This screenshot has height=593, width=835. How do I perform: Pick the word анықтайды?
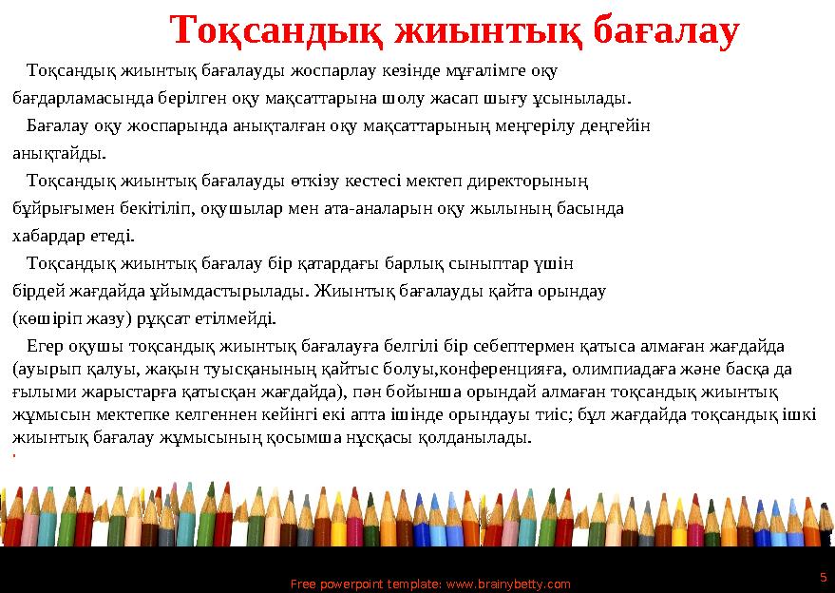click(x=58, y=152)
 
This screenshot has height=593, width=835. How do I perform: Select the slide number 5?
click(x=822, y=576)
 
